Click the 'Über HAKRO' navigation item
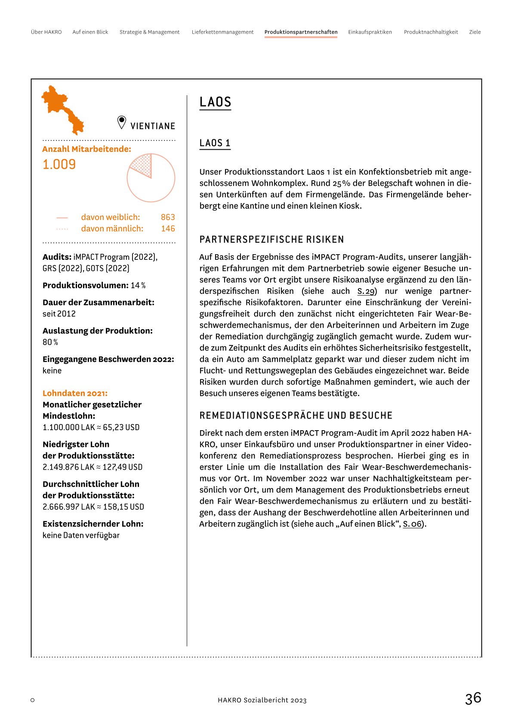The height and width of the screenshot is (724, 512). [46, 32]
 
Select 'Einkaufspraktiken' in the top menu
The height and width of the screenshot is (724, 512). [370, 32]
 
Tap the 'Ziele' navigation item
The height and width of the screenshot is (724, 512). [475, 32]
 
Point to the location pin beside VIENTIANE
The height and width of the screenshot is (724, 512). [122, 122]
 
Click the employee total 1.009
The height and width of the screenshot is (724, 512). [59, 164]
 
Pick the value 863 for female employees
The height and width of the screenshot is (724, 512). [168, 217]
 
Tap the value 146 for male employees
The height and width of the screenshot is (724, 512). [168, 229]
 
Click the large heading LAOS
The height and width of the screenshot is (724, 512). [215, 102]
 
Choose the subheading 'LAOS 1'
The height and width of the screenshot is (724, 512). [215, 143]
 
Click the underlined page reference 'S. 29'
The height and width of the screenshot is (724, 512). [366, 291]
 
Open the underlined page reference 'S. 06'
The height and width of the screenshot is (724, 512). [412, 524]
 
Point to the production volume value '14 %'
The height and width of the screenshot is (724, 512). [138, 286]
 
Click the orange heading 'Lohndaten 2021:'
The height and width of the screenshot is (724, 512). [75, 393]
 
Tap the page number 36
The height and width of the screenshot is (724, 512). [473, 698]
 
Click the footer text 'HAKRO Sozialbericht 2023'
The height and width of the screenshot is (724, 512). [262, 700]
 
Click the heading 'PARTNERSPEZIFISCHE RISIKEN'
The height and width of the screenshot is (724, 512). [271, 240]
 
